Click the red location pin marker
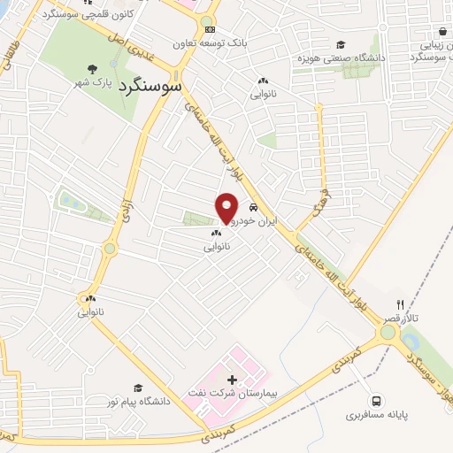click(227, 207)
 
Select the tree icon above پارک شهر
click(92, 70)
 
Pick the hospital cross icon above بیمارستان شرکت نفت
click(233, 378)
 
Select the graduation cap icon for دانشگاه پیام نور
click(137, 388)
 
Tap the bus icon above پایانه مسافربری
click(378, 400)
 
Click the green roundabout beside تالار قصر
click(387, 333)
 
